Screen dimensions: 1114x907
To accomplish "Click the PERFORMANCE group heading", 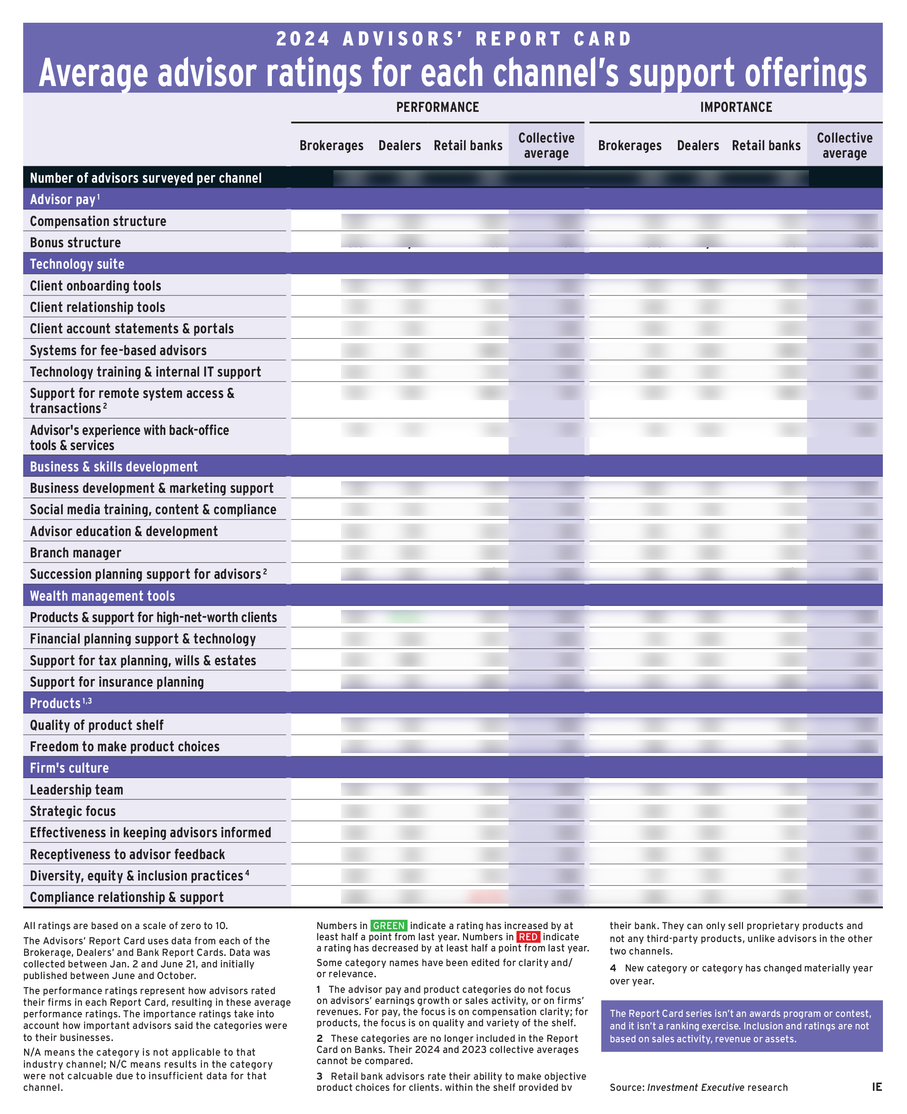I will pyautogui.click(x=437, y=107).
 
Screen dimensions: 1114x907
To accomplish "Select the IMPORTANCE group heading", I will pyautogui.click(x=736, y=107).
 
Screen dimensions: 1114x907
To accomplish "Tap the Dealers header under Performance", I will pyautogui.click(x=399, y=145).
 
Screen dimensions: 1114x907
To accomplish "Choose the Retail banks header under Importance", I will pyautogui.click(x=765, y=145).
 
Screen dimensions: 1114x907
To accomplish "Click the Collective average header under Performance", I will pyautogui.click(x=546, y=145).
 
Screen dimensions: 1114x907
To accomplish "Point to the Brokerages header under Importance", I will pyautogui.click(x=630, y=145).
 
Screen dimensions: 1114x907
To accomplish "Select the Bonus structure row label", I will pyautogui.click(x=75, y=242).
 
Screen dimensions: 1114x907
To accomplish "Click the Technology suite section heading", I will pyautogui.click(x=77, y=264).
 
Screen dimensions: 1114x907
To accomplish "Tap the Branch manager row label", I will pyautogui.click(x=75, y=553).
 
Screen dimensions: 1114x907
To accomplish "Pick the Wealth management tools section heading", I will pyautogui.click(x=103, y=596).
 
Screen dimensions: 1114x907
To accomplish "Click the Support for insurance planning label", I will pyautogui.click(x=116, y=682).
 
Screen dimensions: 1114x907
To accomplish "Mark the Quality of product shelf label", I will pyautogui.click(x=97, y=725).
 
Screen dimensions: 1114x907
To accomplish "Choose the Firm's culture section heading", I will pyautogui.click(x=70, y=768).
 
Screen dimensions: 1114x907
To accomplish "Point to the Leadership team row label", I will pyautogui.click(x=76, y=790).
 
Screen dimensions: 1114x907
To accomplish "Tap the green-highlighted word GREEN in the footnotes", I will pyautogui.click(x=389, y=926).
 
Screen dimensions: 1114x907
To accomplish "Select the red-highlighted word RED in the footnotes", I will pyautogui.click(x=528, y=937).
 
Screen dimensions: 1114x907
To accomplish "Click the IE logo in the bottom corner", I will pyautogui.click(x=877, y=1087).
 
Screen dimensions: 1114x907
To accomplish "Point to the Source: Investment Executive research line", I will pyautogui.click(x=698, y=1087).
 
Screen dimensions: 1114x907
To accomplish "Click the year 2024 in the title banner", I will pyautogui.click(x=303, y=39).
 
